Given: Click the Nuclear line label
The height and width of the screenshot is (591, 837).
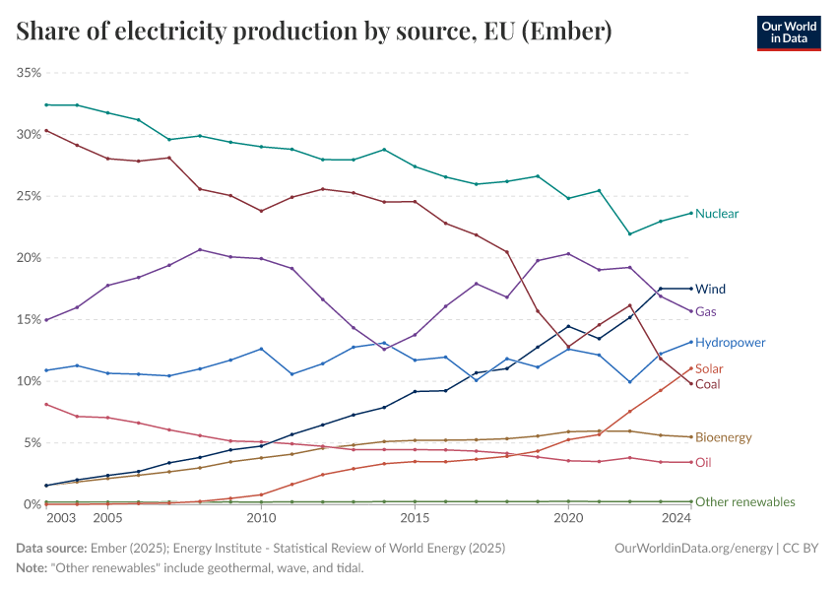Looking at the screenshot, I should pyautogui.click(x=717, y=214).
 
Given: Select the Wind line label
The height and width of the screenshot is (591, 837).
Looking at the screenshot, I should pyautogui.click(x=710, y=290).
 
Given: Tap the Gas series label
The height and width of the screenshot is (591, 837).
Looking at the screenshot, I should pyautogui.click(x=705, y=311).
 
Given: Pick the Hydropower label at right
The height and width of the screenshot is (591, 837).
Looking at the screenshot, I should pyautogui.click(x=730, y=343).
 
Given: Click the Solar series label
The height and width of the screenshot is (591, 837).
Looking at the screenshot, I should pyautogui.click(x=709, y=368).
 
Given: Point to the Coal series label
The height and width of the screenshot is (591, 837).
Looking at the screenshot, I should pyautogui.click(x=707, y=384).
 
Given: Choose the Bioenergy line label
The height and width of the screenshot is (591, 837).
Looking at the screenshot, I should pyautogui.click(x=724, y=437).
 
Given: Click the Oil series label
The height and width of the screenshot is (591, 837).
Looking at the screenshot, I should pyautogui.click(x=703, y=462).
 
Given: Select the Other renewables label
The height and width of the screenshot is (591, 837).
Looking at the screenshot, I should pyautogui.click(x=744, y=502).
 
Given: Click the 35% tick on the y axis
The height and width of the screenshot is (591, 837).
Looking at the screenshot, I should pyautogui.click(x=28, y=73).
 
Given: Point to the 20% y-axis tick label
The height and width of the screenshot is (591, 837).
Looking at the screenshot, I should pyautogui.click(x=28, y=258).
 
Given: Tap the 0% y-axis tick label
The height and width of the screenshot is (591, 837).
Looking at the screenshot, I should pyautogui.click(x=31, y=504).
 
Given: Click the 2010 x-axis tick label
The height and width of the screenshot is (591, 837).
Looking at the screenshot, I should pyautogui.click(x=261, y=518).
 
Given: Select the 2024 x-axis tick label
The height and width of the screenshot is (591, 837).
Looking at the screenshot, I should pyautogui.click(x=676, y=518).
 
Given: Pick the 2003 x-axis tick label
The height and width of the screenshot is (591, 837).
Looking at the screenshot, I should pyautogui.click(x=60, y=518).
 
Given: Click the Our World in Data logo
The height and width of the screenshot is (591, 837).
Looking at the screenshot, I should pyautogui.click(x=788, y=33).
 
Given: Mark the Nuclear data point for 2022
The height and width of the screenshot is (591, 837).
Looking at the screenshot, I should pyautogui.click(x=629, y=233).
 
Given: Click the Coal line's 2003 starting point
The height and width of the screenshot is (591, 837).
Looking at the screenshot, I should pyautogui.click(x=46, y=130).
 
